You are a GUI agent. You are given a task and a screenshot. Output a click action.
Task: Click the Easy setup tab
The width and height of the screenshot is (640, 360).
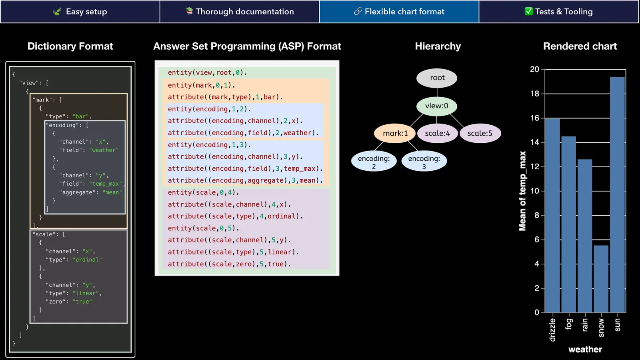pyautogui.click(x=80, y=12)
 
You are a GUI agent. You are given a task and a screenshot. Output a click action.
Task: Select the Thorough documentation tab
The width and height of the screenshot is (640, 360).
pyautogui.click(x=240, y=12)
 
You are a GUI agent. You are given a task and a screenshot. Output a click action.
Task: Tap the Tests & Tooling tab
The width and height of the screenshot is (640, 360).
pyautogui.click(x=559, y=12)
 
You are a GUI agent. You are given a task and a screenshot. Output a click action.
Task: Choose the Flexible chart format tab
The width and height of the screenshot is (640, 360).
pyautogui.click(x=399, y=12)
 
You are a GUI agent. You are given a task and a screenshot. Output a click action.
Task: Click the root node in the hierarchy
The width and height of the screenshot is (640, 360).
pyautogui.click(x=437, y=78)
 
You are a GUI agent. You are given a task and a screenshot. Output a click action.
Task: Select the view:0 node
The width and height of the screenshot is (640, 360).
pyautogui.click(x=436, y=106)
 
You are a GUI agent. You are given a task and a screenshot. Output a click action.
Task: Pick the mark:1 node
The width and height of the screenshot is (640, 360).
pyautogui.click(x=395, y=134)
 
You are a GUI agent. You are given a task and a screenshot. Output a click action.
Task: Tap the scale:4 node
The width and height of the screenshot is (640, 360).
pyautogui.click(x=437, y=134)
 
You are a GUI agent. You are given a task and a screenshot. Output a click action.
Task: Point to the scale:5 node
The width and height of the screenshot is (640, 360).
pyautogui.click(x=480, y=134)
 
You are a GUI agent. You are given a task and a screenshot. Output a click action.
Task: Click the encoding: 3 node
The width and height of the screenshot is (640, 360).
pyautogui.click(x=424, y=162)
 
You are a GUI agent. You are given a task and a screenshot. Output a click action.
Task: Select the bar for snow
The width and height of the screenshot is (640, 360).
pyautogui.click(x=601, y=279)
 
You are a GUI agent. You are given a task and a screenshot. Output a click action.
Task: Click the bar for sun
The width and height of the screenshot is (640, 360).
pyautogui.click(x=617, y=194)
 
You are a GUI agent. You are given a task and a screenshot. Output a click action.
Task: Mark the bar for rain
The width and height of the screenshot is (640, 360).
pyautogui.click(x=585, y=236)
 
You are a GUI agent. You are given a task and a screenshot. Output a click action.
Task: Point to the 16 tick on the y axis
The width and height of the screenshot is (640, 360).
pyautogui.click(x=534, y=118)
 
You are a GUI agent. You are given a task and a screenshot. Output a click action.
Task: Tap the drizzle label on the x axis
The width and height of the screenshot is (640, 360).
pyautogui.click(x=552, y=330)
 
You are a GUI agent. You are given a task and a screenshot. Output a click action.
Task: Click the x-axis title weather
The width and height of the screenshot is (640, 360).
pyautogui.click(x=585, y=350)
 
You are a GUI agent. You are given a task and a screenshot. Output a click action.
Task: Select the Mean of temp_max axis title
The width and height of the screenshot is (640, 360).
pyautogui.click(x=522, y=191)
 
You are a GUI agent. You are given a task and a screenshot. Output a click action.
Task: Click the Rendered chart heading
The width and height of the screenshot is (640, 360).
pyautogui.click(x=580, y=46)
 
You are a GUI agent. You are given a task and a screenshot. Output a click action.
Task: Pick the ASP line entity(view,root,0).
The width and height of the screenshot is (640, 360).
pyautogui.click(x=207, y=73)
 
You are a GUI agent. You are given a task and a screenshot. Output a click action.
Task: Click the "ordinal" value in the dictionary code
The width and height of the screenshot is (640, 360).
pyautogui.click(x=87, y=260)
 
